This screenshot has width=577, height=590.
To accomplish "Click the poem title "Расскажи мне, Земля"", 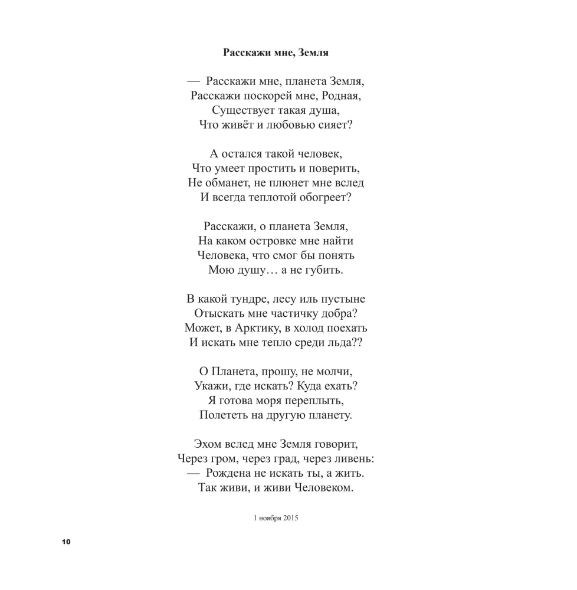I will (276, 53).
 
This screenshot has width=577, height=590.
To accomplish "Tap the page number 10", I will (65, 542).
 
